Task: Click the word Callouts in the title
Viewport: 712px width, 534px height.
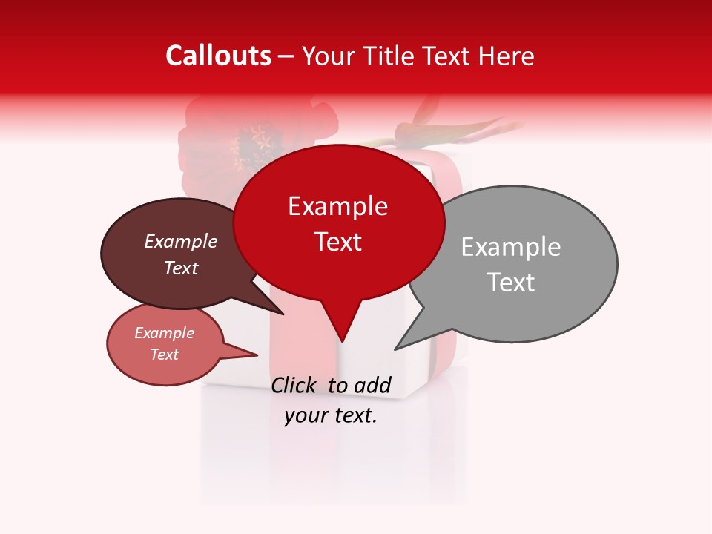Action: pyautogui.click(x=219, y=56)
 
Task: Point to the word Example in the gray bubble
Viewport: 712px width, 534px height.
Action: pyautogui.click(x=511, y=247)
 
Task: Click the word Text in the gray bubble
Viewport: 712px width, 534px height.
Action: pyautogui.click(x=511, y=283)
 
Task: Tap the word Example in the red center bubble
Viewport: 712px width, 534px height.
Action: pyautogui.click(x=338, y=206)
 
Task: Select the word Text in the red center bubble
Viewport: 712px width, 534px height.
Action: pyautogui.click(x=338, y=242)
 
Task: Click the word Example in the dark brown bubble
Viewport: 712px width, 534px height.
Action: pyautogui.click(x=181, y=242)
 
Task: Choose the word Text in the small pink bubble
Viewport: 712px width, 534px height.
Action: pyautogui.click(x=165, y=355)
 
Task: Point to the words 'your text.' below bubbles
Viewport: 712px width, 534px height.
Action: pyautogui.click(x=331, y=415)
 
